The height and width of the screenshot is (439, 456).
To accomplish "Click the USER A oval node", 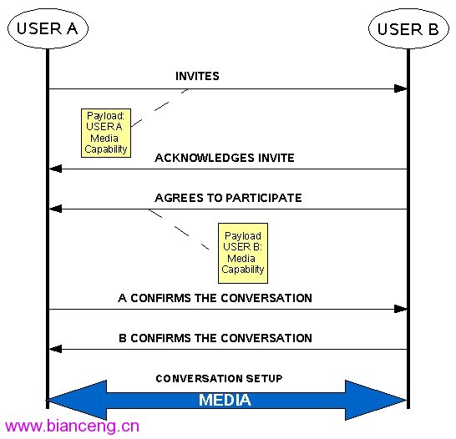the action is [x=48, y=28].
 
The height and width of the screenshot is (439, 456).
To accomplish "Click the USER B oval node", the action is [x=408, y=28].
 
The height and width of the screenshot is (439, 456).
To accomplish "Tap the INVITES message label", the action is [x=197, y=76].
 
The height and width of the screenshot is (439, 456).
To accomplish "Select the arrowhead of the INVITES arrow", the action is [x=400, y=88].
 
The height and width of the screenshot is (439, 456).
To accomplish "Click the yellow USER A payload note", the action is [x=106, y=133].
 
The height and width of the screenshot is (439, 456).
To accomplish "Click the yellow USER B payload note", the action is [x=243, y=253].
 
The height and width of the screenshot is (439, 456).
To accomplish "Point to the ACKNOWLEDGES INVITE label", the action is [x=225, y=158].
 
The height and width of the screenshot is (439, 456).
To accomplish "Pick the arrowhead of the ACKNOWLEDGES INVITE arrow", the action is [x=56, y=169].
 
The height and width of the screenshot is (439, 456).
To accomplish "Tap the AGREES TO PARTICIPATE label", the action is [x=228, y=198].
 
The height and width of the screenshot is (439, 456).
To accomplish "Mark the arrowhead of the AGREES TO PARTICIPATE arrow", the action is [x=56, y=209].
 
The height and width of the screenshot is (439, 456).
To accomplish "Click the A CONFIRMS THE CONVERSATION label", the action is [x=215, y=298].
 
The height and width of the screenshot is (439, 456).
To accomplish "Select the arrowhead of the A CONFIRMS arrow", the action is [x=400, y=309].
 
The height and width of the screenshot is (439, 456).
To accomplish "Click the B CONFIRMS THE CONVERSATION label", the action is [x=215, y=338].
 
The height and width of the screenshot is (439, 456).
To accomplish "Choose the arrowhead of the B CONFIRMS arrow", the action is [x=56, y=349].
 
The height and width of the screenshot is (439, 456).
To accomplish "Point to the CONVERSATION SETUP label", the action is [x=219, y=379].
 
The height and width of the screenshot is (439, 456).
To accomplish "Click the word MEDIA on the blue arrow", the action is [x=225, y=400].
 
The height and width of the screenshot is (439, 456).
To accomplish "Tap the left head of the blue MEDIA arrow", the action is [x=76, y=400].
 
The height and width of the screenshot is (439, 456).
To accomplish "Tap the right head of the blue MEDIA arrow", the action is [x=376, y=400].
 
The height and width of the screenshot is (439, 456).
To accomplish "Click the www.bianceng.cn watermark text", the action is [x=72, y=426].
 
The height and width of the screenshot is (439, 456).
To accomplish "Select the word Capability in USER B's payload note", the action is [x=243, y=270].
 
